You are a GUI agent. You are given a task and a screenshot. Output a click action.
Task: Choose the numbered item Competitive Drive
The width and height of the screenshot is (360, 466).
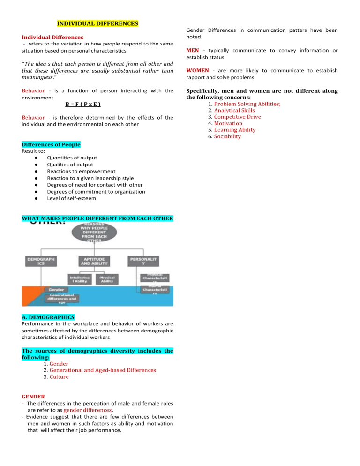[x=238, y=117]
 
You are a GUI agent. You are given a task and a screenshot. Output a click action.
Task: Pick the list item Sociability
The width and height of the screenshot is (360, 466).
[x=227, y=136]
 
